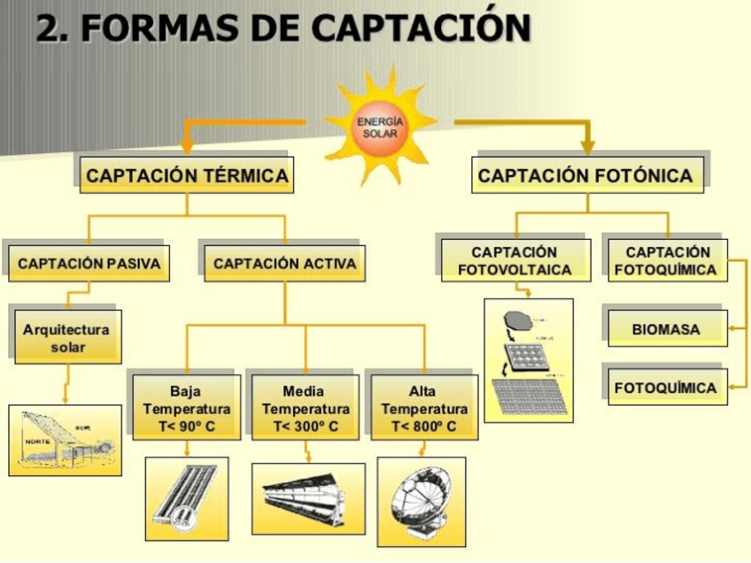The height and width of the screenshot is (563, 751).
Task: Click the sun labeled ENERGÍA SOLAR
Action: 380,127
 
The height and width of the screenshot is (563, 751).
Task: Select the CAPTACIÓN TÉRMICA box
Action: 187,175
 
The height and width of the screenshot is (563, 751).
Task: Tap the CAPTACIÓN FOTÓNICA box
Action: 585,175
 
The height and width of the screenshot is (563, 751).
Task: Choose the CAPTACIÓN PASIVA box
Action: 89,263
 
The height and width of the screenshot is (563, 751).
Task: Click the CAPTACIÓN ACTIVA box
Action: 284,263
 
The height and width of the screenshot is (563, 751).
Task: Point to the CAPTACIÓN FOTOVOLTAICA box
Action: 515,261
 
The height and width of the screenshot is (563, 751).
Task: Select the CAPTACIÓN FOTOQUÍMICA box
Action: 666,261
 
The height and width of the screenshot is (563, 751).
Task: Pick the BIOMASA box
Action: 666,329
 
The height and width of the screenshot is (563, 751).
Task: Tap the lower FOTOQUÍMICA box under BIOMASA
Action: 666,387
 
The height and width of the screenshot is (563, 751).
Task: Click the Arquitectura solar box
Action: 66,338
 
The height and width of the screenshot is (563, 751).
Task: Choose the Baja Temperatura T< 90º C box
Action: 187,408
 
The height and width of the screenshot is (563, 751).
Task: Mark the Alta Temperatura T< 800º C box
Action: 423,408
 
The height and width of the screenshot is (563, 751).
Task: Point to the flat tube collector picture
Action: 186,499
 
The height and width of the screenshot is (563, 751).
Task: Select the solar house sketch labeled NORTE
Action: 66,440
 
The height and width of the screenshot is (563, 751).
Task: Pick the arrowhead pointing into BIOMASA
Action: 732,329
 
